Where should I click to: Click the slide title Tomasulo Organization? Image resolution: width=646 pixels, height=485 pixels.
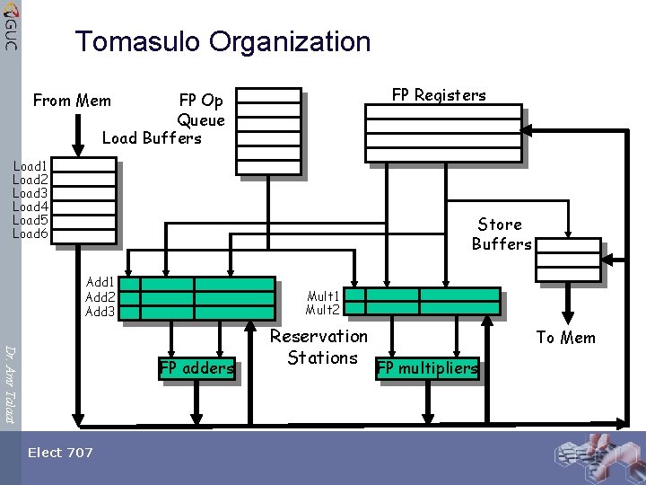pos(223,41)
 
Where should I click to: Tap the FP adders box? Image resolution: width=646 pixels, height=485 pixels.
pos(196,367)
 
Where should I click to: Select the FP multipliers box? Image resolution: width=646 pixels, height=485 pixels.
pos(427,367)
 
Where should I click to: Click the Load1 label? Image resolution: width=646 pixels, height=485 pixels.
pos(30,165)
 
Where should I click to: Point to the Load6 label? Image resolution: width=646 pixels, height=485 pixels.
pos(30,234)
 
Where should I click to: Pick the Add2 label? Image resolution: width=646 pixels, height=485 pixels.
pos(100,297)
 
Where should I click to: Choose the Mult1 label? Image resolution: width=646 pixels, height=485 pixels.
pos(322,295)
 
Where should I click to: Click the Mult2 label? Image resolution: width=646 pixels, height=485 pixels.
pos(322,310)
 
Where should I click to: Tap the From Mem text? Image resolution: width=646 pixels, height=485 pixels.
pos(72,101)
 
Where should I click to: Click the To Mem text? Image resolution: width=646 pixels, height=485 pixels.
pos(565,338)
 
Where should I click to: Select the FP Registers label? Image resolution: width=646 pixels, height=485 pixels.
pos(439,95)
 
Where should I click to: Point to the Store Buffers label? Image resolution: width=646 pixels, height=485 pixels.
pos(501,234)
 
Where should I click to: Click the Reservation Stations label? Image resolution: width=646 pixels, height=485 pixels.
pos(319,347)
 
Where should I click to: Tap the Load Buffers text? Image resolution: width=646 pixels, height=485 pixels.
pos(152,138)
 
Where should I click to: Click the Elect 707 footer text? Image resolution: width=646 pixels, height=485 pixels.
pos(60,453)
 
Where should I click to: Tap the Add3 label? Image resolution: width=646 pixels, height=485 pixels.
pos(100,312)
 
